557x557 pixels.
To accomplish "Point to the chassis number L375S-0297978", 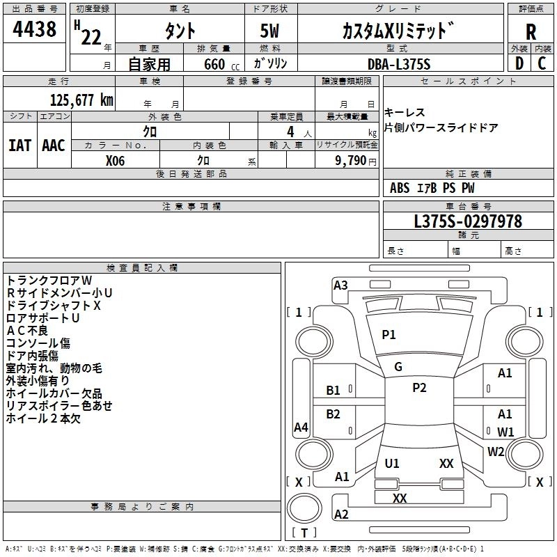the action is point(468,221).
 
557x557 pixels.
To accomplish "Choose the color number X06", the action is point(116,159).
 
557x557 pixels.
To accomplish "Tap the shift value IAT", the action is point(19,146).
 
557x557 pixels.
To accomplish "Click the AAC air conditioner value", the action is point(54,146).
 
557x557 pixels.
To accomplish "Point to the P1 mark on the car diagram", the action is point(389,335).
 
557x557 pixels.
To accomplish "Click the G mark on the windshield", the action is point(398,367).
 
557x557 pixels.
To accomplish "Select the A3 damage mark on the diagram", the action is point(340,285).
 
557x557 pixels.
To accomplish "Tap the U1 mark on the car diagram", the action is point(392,463).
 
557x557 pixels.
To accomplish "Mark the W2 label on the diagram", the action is point(496,451).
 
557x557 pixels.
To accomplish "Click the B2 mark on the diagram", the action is point(334,414).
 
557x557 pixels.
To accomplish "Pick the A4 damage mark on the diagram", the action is point(301,427).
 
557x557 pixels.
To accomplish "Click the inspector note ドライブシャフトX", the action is point(54,305).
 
